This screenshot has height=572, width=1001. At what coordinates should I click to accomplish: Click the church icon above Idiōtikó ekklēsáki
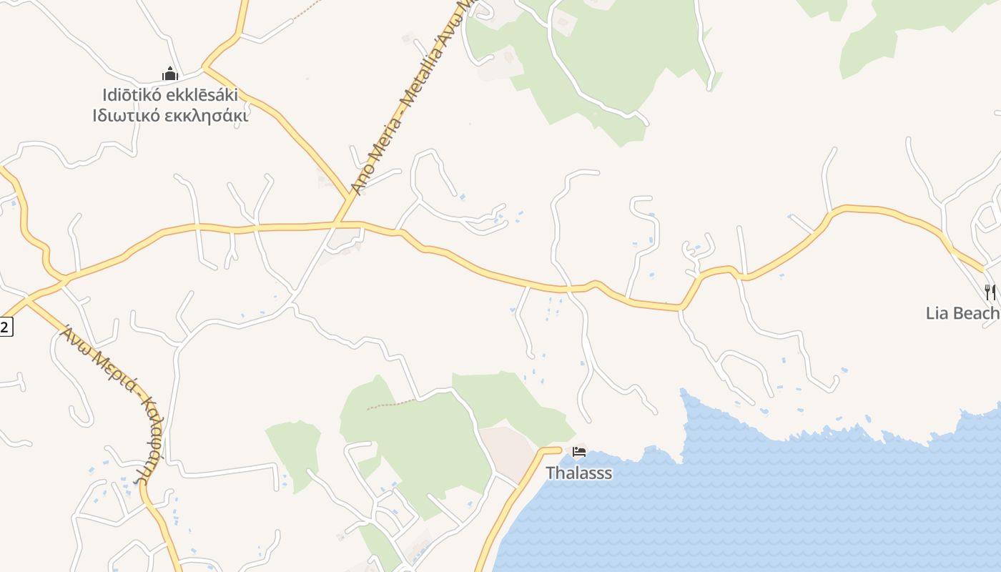coord(169,74)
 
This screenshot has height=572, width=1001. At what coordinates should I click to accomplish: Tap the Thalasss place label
coord(578,473)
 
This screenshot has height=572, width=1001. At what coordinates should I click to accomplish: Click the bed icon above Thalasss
coord(579,452)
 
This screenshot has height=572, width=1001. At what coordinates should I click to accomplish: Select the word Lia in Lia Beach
coord(938,313)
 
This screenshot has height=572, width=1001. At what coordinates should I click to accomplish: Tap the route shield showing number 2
coord(6,327)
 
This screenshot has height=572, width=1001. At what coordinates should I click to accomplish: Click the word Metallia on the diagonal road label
coord(420,79)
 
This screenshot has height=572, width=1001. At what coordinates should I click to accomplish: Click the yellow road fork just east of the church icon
coord(204,67)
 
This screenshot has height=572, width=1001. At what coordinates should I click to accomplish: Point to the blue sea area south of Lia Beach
coord(822,500)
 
